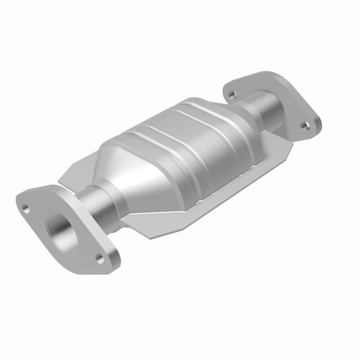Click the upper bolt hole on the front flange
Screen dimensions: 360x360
click(25, 208)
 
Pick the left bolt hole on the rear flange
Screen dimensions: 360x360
click(232, 94)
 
